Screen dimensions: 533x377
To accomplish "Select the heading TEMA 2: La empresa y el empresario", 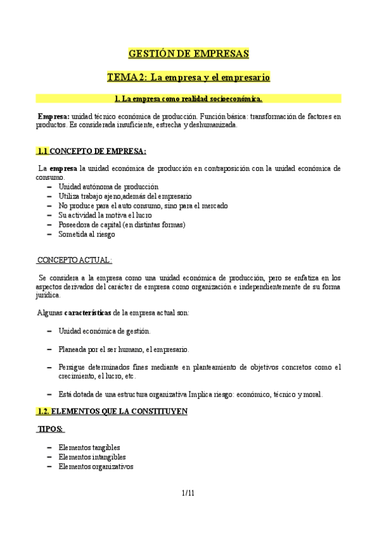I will point(188,77).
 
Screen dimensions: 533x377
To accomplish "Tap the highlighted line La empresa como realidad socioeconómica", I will point(188,99).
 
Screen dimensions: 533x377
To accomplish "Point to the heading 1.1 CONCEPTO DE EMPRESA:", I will point(91,151).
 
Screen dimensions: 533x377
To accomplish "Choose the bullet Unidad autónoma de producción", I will point(108,187).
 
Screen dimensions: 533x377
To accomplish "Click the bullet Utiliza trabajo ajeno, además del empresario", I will point(116,197).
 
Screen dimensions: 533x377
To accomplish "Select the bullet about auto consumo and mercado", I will point(143,206).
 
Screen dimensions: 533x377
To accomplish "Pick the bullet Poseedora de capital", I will point(121,225).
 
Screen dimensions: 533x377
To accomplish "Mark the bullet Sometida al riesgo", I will point(87,234).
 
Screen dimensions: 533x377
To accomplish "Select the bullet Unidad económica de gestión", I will point(104,331).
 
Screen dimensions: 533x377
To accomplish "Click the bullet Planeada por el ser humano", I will point(123,349).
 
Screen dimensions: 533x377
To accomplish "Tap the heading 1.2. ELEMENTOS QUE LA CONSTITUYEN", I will point(111,412).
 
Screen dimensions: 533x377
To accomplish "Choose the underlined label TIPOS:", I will point(50,429).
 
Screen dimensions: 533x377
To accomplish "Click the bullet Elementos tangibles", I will point(89,448).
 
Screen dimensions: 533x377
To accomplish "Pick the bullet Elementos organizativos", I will point(95,467).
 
